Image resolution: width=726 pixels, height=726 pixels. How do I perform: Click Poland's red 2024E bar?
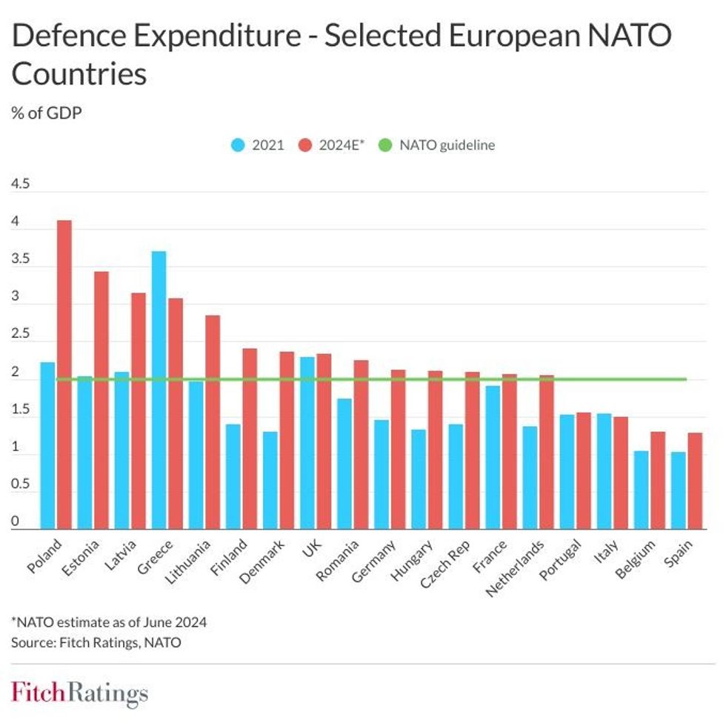coord(64,374)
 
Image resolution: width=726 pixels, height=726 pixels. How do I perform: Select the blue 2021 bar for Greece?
coord(159,390)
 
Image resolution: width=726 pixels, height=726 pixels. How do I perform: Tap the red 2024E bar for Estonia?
coord(101,400)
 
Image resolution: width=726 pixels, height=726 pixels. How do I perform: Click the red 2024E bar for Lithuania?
coord(213,422)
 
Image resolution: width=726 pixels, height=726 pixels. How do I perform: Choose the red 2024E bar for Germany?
coord(398,449)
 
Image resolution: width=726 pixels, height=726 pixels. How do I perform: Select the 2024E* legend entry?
coord(333,145)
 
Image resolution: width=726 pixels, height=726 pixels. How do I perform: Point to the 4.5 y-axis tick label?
coord(20,184)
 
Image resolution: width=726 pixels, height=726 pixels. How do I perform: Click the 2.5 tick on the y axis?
coord(20,335)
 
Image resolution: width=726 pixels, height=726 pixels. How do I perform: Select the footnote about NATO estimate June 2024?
coord(109,622)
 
